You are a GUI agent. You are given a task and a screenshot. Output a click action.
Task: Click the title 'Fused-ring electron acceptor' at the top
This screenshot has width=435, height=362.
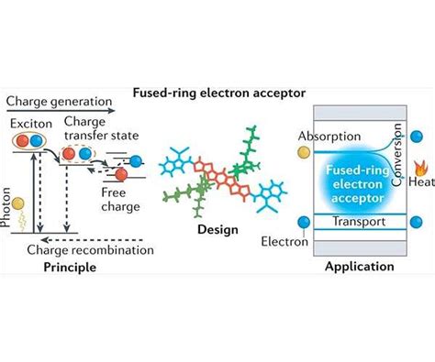(217, 92)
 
